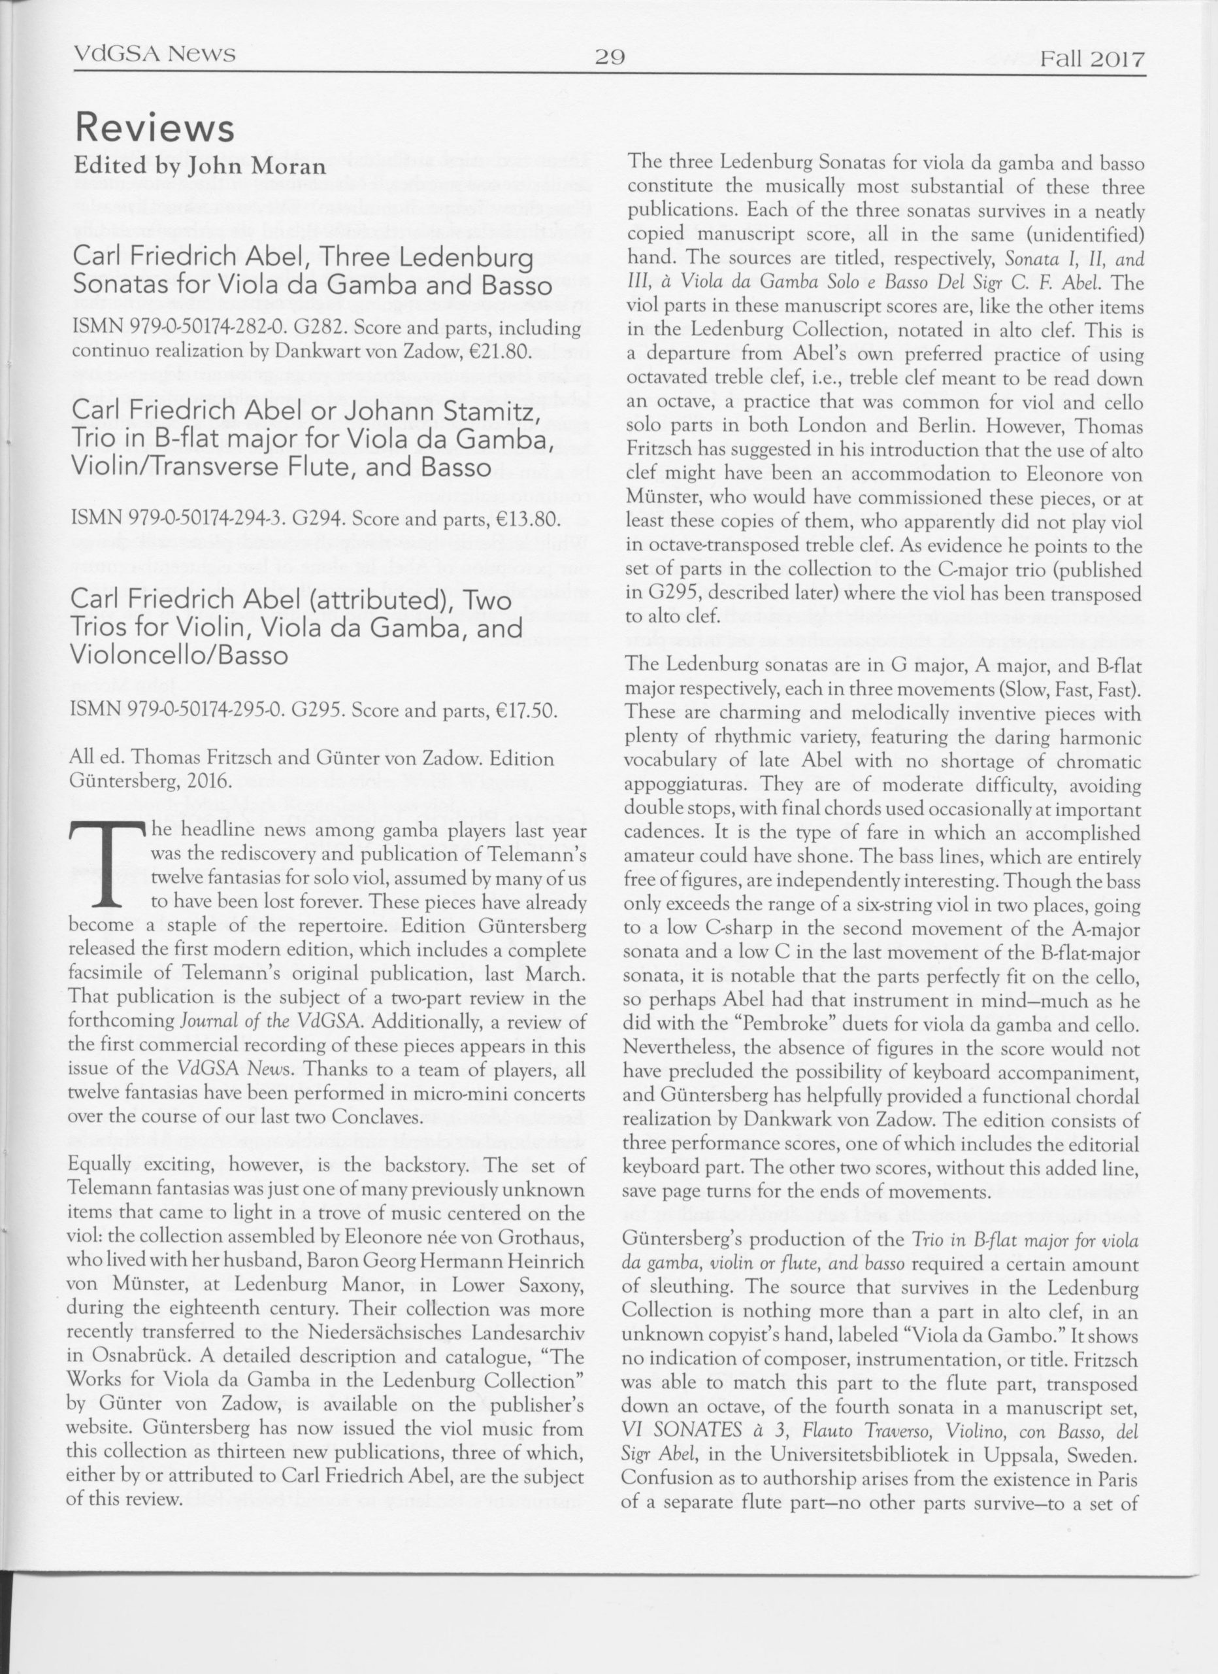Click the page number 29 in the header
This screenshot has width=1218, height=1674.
click(x=610, y=56)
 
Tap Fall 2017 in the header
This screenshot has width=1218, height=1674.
click(x=1092, y=59)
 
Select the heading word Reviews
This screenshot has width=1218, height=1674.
click(x=154, y=129)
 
